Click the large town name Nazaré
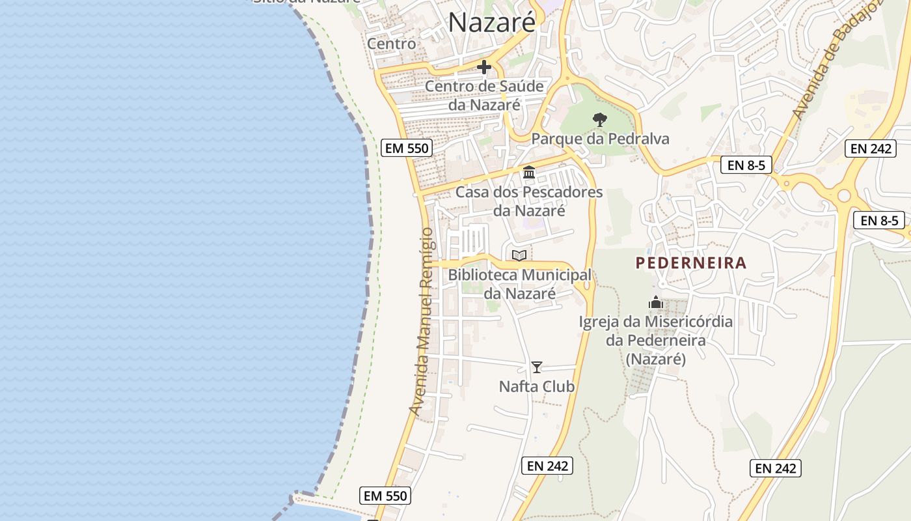click(x=492, y=22)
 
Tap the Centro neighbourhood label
click(x=392, y=44)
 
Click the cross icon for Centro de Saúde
click(x=484, y=67)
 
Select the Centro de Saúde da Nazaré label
click(x=484, y=95)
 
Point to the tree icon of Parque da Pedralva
click(x=600, y=120)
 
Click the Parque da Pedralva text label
click(x=600, y=139)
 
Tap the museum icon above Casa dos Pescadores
click(x=529, y=173)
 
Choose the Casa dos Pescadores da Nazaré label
click(x=529, y=201)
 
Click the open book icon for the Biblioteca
click(x=519, y=255)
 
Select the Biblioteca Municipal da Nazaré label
click(x=519, y=284)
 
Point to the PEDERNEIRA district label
click(x=690, y=263)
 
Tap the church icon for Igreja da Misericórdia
click(x=656, y=302)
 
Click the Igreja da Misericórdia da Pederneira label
click(x=656, y=340)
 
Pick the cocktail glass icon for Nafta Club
click(x=536, y=367)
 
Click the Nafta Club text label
click(x=536, y=387)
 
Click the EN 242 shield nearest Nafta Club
click(x=547, y=466)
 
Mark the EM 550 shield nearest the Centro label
click(x=407, y=148)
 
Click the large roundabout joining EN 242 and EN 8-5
click(x=844, y=195)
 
